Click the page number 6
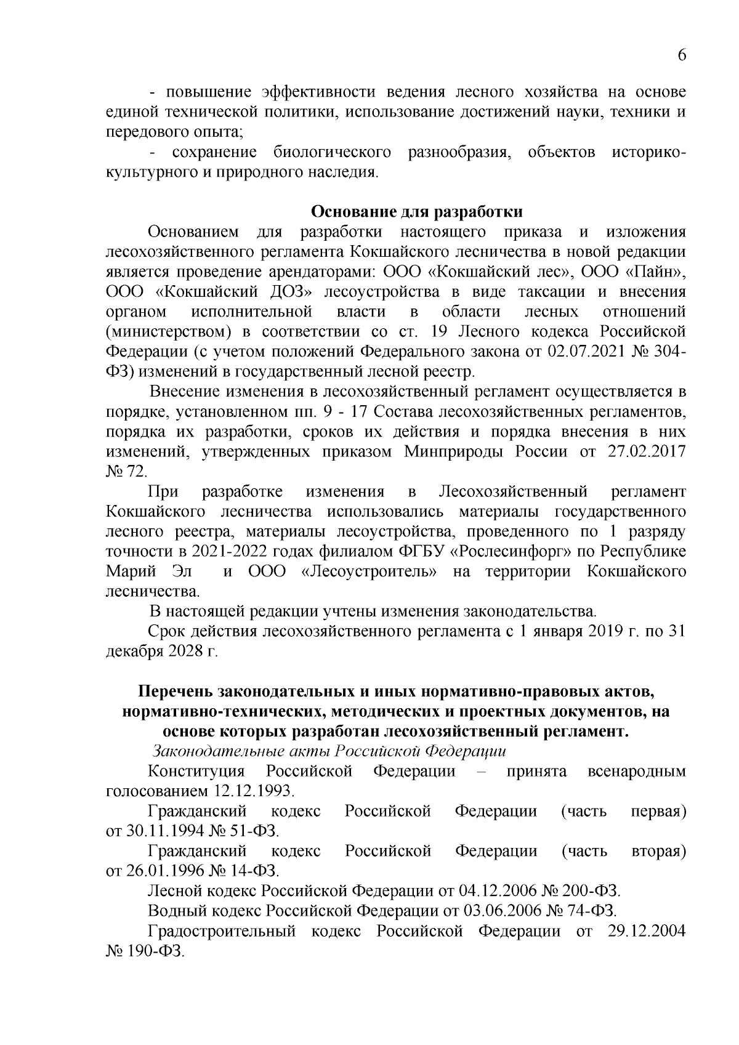682,55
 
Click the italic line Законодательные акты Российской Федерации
329,751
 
